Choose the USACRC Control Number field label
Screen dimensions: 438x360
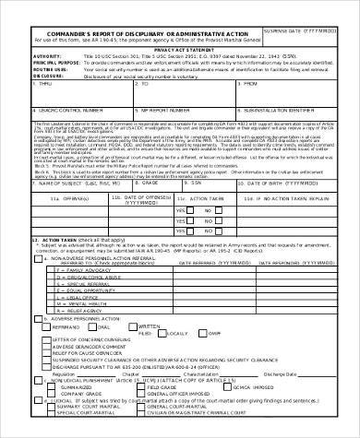[x=36, y=110]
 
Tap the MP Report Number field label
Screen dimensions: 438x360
[x=148, y=110]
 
